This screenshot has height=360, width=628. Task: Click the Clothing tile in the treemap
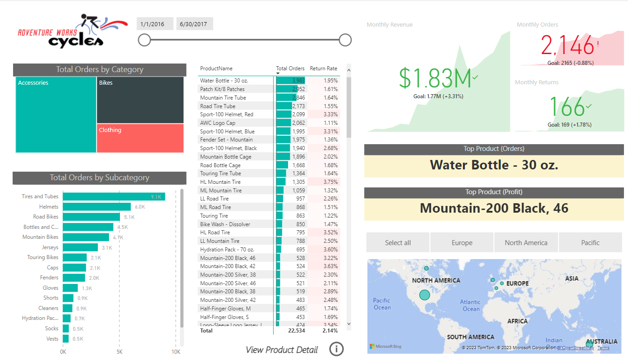pyautogui.click(x=140, y=138)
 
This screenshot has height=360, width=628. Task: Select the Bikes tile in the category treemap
pyautogui.click(x=140, y=100)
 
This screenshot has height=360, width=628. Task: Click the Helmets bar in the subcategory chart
pyautogui.click(x=96, y=207)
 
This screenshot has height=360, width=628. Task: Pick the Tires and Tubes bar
pyautogui.click(x=114, y=196)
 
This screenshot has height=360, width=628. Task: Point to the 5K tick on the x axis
pyautogui.click(x=119, y=352)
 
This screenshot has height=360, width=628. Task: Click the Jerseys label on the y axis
pyautogui.click(x=50, y=247)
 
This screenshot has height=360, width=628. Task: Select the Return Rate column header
pyautogui.click(x=323, y=68)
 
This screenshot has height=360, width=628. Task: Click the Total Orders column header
pyautogui.click(x=290, y=68)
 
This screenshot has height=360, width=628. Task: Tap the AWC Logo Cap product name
pyautogui.click(x=218, y=123)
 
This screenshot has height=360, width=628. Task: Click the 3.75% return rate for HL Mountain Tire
pyautogui.click(x=330, y=182)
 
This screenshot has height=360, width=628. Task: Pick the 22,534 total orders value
pyautogui.click(x=297, y=331)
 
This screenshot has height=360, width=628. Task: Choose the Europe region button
pyautogui.click(x=462, y=243)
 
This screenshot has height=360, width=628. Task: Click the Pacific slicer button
pyautogui.click(x=590, y=243)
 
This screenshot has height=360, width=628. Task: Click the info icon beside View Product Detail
pyautogui.click(x=336, y=349)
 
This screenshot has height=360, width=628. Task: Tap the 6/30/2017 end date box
pyautogui.click(x=193, y=24)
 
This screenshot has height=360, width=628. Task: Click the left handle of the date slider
pyautogui.click(x=144, y=40)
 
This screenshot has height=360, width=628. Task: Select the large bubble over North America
pyautogui.click(x=425, y=295)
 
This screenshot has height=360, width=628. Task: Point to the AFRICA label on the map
pyautogui.click(x=517, y=321)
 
